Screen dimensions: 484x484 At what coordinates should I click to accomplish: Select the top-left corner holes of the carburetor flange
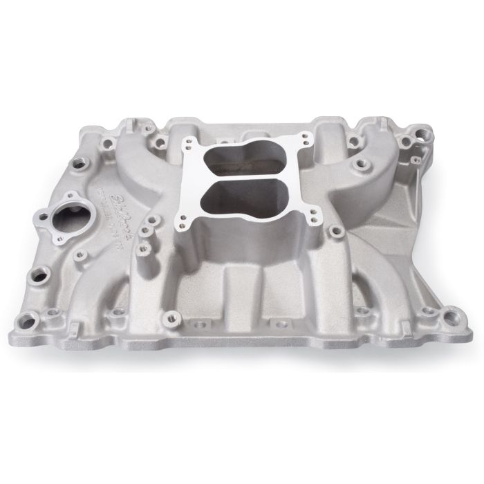[188, 143]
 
